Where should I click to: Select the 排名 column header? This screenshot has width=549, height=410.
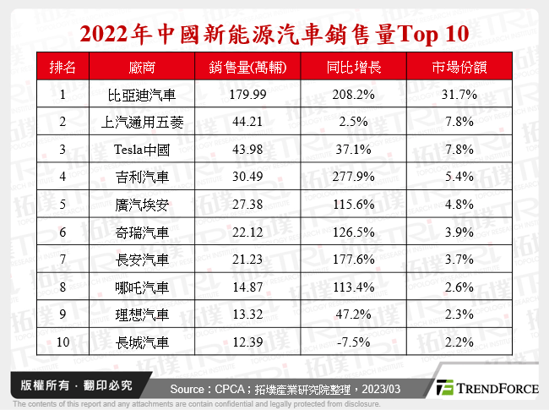63,68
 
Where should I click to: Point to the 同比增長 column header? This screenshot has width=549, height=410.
352,68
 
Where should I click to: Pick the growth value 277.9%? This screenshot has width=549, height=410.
352,178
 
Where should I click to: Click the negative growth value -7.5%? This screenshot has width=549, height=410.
352,342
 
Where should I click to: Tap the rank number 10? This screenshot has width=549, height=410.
63,342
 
